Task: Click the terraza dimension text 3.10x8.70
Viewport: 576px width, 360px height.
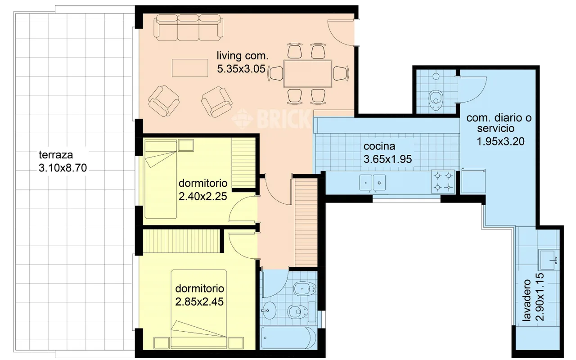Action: point(63,168)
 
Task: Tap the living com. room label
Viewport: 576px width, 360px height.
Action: point(243,56)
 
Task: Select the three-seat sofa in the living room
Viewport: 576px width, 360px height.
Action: point(188,27)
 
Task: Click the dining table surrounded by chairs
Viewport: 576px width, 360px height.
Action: point(307,73)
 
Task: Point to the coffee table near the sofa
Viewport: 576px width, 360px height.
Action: point(190,68)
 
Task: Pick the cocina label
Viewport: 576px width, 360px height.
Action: point(379,146)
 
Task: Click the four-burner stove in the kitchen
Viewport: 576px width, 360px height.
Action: point(443,181)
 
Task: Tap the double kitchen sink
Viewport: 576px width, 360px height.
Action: point(372,183)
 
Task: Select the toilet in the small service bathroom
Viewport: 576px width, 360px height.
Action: point(436,100)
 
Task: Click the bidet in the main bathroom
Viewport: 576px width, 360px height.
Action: point(305,289)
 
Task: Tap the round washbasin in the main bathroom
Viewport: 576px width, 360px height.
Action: point(269,310)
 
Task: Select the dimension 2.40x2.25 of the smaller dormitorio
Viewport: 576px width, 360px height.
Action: point(203,197)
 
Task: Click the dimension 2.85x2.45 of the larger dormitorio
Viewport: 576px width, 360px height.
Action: point(199,302)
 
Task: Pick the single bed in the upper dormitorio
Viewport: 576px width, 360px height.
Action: point(161,179)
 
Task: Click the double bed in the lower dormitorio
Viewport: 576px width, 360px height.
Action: point(199,309)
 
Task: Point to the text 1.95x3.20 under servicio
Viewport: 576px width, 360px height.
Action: point(500,142)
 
